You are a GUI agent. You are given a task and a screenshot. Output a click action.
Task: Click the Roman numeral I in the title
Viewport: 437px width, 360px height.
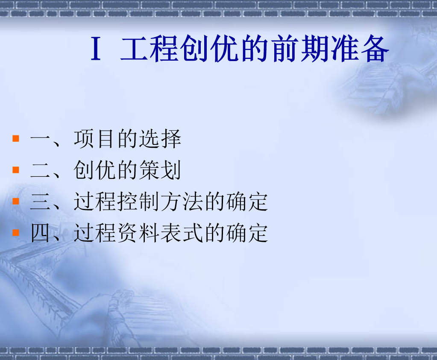[96, 49]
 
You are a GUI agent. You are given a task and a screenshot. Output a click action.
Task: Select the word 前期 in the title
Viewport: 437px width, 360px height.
[300, 49]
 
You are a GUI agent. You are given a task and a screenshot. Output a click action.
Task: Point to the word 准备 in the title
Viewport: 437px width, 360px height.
[360, 49]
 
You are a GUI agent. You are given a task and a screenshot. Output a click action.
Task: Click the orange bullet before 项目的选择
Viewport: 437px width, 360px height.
[16, 138]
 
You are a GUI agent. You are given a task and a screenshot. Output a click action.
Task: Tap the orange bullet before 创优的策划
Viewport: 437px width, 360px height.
[16, 170]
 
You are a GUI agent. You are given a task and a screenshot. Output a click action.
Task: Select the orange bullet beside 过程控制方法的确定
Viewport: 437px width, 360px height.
[16, 201]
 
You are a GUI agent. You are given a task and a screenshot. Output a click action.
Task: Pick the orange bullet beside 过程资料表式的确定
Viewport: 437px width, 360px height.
[16, 232]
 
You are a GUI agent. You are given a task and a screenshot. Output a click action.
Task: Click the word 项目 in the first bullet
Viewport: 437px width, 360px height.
[95, 138]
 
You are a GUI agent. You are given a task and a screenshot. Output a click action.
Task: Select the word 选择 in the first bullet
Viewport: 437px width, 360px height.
[160, 138]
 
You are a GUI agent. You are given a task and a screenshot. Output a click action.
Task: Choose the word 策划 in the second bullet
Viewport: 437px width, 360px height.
[160, 170]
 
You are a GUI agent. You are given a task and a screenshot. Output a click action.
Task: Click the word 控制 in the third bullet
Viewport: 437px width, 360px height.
[138, 201]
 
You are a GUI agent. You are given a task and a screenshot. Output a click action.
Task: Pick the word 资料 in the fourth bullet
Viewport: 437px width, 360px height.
[138, 233]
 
